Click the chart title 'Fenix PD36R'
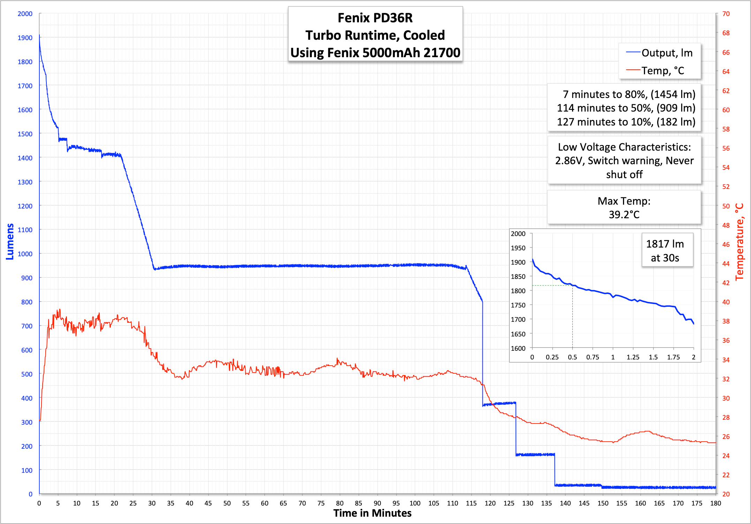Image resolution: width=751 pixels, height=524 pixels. click(x=375, y=18)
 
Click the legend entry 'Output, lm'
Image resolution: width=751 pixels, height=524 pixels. click(x=667, y=53)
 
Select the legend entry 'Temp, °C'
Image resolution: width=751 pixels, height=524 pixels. click(x=662, y=71)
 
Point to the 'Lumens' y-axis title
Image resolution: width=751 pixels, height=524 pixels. click(x=10, y=241)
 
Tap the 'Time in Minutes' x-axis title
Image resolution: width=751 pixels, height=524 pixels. click(x=372, y=513)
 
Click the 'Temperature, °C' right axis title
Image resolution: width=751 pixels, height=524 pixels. click(x=739, y=242)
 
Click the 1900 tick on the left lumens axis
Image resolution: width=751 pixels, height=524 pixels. click(x=25, y=38)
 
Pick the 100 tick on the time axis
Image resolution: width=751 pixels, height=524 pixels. click(x=415, y=503)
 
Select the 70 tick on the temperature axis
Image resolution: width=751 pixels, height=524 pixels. click(x=726, y=14)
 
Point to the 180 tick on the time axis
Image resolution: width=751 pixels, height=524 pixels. click(x=715, y=503)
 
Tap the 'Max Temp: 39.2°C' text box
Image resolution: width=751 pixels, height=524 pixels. click(x=624, y=208)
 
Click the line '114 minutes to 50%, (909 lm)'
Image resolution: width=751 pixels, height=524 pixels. click(x=626, y=108)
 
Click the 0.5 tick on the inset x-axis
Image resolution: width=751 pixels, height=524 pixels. click(x=572, y=357)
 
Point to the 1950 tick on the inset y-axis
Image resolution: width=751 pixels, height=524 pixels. click(x=518, y=248)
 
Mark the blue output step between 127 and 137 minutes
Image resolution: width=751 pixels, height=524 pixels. click(x=535, y=455)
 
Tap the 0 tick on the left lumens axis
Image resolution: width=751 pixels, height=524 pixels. click(x=30, y=494)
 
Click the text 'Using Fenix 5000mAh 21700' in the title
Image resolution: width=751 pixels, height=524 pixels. click(x=375, y=53)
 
